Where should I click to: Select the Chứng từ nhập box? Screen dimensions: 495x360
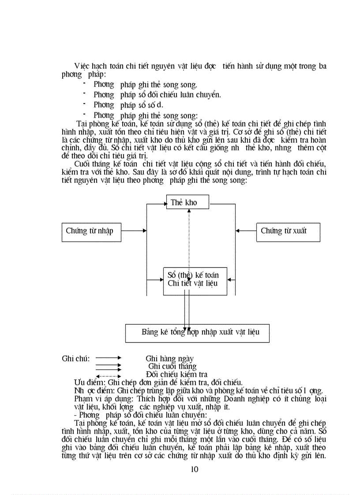(x=90, y=231)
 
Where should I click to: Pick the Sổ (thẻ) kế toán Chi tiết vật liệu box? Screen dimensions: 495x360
(x=193, y=279)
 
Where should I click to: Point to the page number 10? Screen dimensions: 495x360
(x=195, y=469)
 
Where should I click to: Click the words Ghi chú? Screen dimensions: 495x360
(x=75, y=358)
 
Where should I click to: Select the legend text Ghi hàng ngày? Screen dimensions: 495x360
(x=169, y=359)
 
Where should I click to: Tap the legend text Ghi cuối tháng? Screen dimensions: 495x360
(x=172, y=366)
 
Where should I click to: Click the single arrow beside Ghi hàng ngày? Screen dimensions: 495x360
(x=108, y=358)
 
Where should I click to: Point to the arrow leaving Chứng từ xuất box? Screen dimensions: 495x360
(x=246, y=231)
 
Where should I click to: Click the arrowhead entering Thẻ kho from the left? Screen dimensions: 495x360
(x=163, y=203)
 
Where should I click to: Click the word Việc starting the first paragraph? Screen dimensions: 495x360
(x=82, y=66)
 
